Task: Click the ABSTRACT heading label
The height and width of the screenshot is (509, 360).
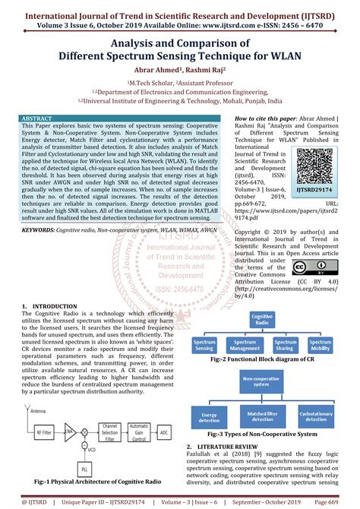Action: click(x=37, y=119)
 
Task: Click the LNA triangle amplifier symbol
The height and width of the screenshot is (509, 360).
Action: click(x=69, y=430)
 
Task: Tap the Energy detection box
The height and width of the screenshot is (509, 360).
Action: click(x=210, y=417)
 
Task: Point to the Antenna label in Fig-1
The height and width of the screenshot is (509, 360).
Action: click(x=37, y=411)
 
